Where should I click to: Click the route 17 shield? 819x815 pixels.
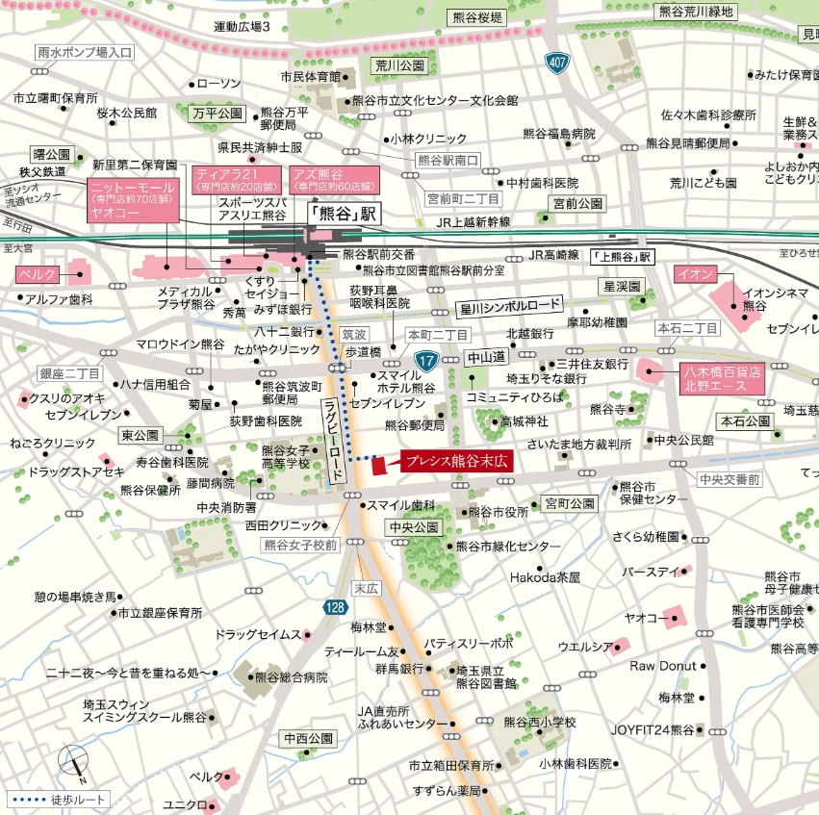tap(426, 361)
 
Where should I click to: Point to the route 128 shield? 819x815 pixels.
tap(334, 607)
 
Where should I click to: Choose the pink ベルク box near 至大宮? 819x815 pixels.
tap(38, 275)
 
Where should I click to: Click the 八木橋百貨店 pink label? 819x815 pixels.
tap(722, 377)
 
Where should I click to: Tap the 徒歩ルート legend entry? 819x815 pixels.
tap(59, 799)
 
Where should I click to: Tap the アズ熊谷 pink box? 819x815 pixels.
tap(332, 180)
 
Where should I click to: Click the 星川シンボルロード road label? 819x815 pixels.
tap(509, 306)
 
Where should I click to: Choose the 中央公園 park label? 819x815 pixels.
tap(415, 527)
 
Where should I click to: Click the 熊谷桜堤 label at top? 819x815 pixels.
tap(475, 18)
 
